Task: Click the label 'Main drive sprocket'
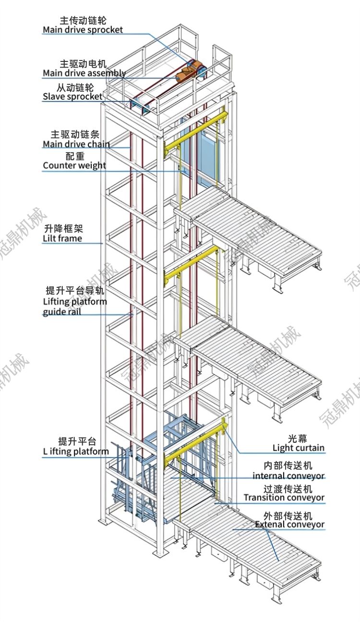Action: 83,30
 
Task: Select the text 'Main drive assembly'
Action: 84,73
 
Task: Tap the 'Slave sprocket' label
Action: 72,96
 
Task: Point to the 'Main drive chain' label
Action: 76,144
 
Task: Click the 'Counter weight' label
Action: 74,166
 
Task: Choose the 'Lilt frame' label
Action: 62,238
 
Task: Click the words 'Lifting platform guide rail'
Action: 75,307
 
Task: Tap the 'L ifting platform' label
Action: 75,451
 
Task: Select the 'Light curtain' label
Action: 299,448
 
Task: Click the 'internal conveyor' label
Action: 289,476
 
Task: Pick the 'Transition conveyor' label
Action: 284,498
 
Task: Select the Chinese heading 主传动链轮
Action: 83,20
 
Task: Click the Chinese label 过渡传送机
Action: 288,488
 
